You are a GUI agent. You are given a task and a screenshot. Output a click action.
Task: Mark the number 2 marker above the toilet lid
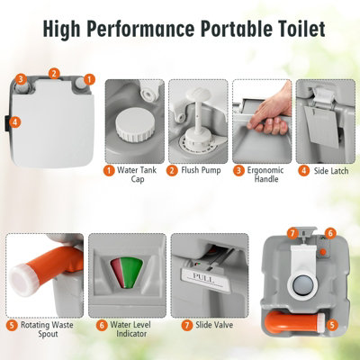(x=54, y=73)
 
